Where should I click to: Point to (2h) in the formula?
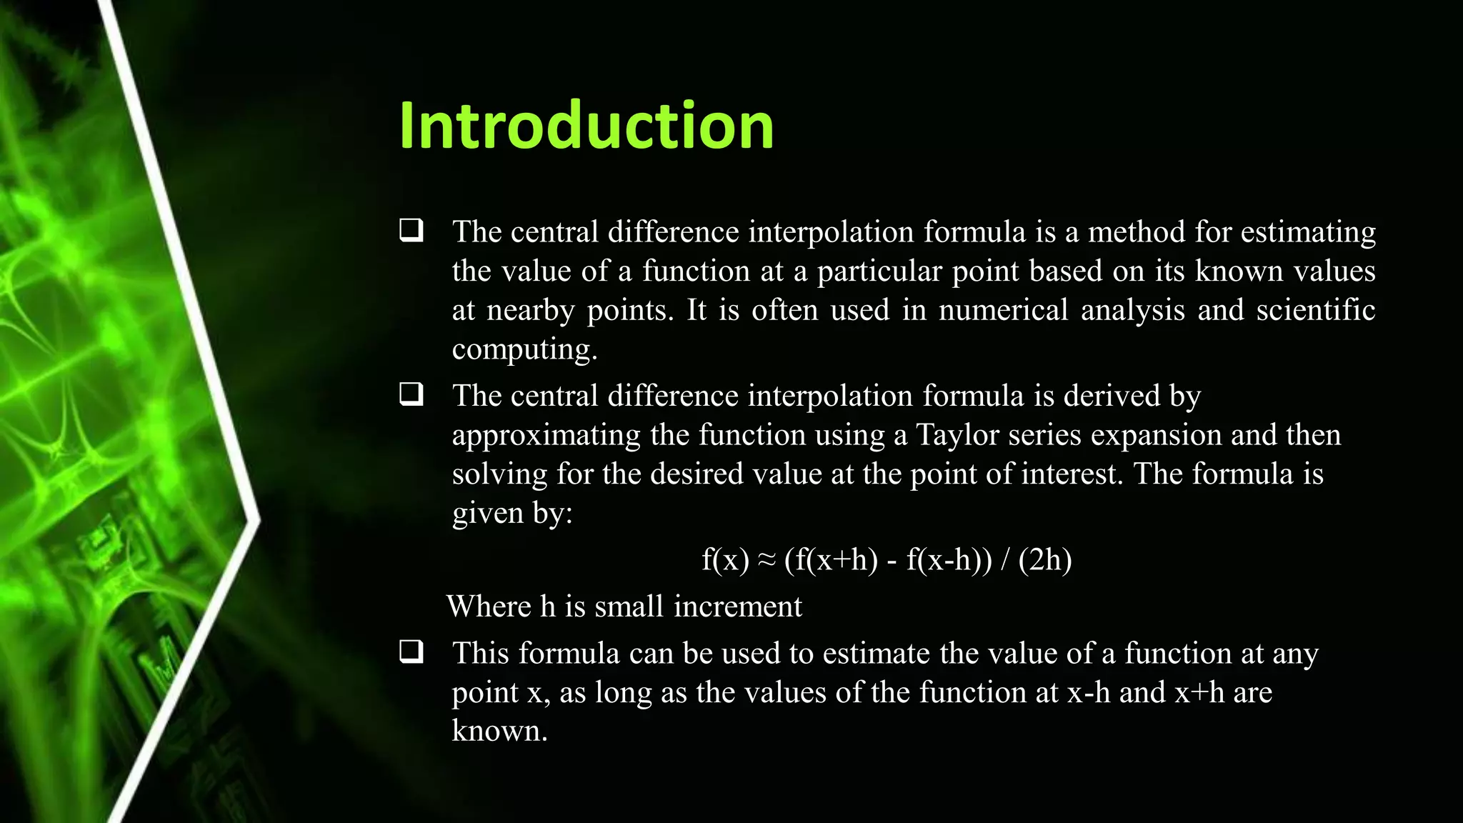click(1045, 560)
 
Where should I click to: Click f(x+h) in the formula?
click(831, 560)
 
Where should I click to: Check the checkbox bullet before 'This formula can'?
click(411, 652)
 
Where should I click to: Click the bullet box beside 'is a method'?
click(411, 230)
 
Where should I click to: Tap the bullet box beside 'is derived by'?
click(411, 394)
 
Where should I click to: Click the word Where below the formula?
click(489, 607)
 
